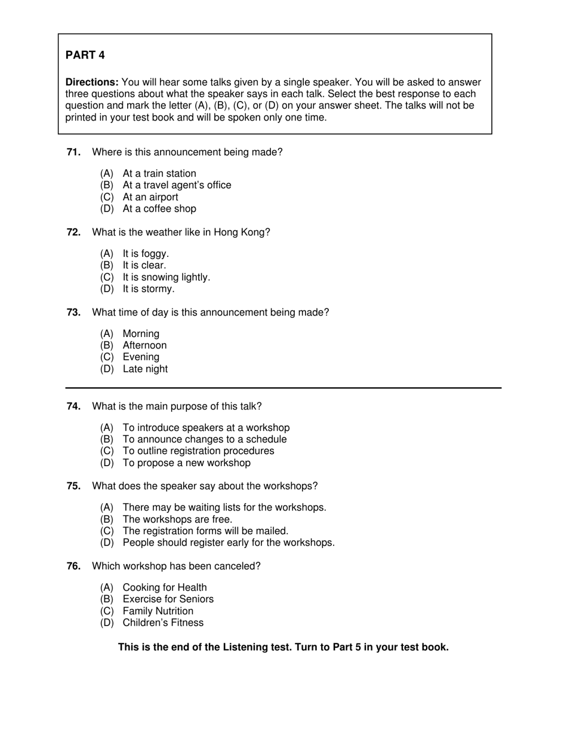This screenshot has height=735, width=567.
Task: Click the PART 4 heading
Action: (x=85, y=55)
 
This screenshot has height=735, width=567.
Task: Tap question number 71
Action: (x=73, y=152)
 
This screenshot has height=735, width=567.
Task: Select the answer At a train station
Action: (x=159, y=174)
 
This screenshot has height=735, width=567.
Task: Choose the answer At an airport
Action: (x=150, y=197)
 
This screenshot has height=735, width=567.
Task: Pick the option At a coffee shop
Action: (x=159, y=209)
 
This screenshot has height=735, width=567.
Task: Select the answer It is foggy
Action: (x=146, y=254)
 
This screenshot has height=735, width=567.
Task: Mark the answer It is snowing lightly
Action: (x=166, y=277)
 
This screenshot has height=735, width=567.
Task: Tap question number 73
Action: (x=73, y=313)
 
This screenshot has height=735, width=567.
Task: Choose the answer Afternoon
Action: (x=144, y=345)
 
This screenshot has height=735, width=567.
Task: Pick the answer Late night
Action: (x=145, y=369)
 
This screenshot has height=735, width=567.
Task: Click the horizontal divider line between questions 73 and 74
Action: (x=283, y=388)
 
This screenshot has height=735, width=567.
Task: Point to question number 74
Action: (x=73, y=406)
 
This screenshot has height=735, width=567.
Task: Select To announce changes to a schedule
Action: (x=204, y=439)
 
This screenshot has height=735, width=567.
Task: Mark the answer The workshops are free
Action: (x=177, y=519)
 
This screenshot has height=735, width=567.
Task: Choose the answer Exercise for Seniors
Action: (x=168, y=599)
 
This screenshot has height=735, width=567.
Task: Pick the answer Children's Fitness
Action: (x=163, y=623)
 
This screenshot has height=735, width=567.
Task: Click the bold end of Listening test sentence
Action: (x=283, y=647)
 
